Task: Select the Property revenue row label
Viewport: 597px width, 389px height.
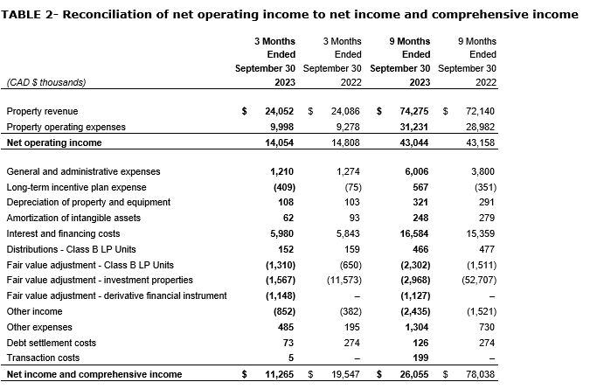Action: [x=41, y=111]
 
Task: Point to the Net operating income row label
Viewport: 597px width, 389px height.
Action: [x=54, y=142]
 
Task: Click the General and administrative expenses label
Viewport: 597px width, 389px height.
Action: [x=83, y=171]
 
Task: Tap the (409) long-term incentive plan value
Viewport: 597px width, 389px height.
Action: [x=282, y=187]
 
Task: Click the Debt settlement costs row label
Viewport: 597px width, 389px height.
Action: [x=51, y=343]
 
